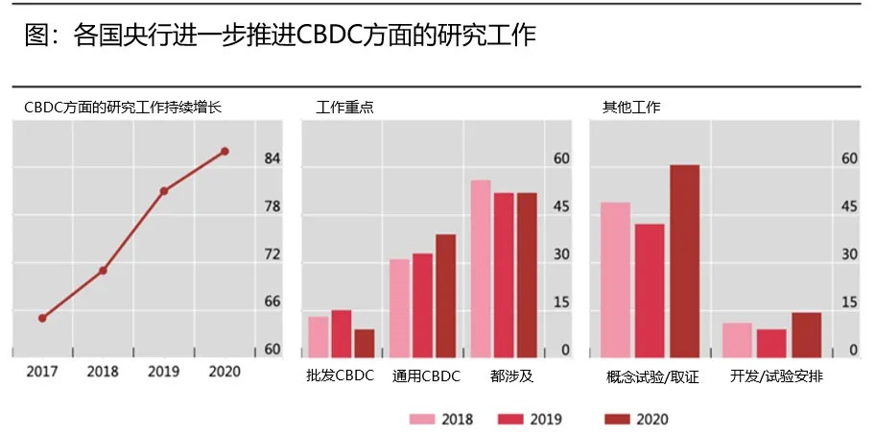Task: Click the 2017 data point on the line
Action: click(x=42, y=318)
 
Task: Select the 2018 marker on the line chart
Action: click(x=103, y=270)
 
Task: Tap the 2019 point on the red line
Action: click(x=164, y=191)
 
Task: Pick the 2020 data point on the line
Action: click(x=225, y=151)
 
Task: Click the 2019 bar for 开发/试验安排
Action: click(x=771, y=343)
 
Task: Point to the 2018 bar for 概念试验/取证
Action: click(x=615, y=279)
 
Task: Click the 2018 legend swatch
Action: click(x=422, y=419)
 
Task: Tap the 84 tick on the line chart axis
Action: click(x=272, y=158)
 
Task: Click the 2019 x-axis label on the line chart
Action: click(x=164, y=372)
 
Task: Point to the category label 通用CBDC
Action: click(x=426, y=376)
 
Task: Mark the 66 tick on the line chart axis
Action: click(x=272, y=302)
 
